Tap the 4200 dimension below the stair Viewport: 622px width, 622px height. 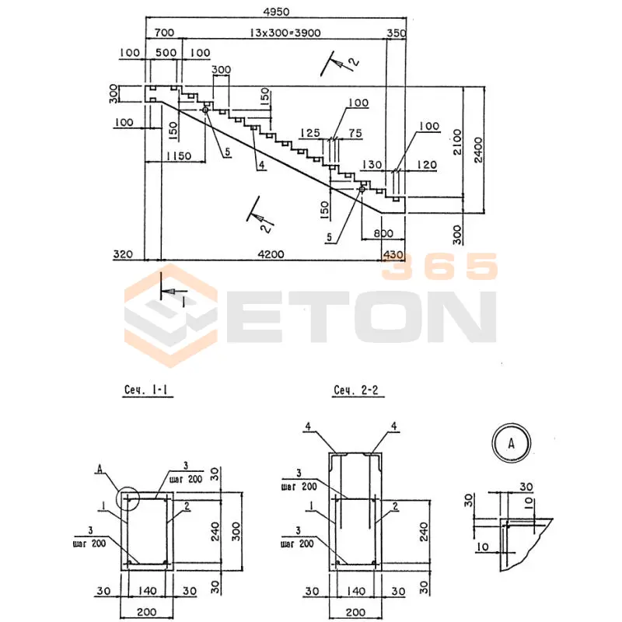point(271,253)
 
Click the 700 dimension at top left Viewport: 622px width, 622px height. point(164,33)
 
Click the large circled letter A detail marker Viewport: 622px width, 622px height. point(511,443)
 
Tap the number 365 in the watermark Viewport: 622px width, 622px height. point(439,267)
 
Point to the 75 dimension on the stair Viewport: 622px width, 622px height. point(355,133)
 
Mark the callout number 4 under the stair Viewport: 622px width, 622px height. point(262,165)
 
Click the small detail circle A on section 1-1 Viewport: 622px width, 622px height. point(126,498)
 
